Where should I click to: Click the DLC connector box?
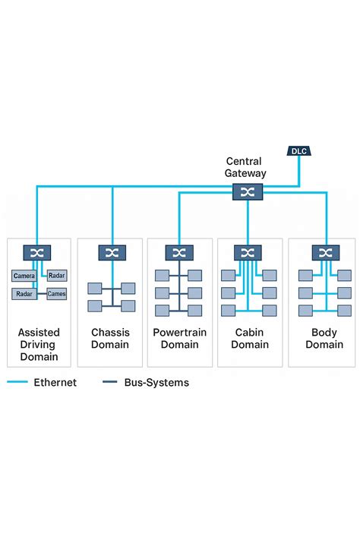[x=297, y=151]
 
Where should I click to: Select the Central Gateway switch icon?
[x=247, y=192]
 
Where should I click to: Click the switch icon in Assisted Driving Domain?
[x=36, y=253]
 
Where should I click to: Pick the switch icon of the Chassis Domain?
[x=112, y=253]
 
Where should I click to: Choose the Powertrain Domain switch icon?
[x=179, y=253]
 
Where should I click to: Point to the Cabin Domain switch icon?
[x=248, y=253]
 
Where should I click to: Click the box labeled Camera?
[x=24, y=276]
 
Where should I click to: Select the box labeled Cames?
[x=57, y=293]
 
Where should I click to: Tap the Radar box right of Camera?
[x=57, y=276]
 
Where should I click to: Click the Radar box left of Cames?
[x=24, y=293]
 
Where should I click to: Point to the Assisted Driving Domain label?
[x=39, y=344]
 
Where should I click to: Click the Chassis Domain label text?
[x=110, y=339]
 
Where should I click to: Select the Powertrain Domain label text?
[x=180, y=339]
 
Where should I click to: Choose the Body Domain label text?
[x=324, y=339]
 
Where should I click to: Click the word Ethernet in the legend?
[x=55, y=383]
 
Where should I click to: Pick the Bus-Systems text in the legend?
[x=156, y=383]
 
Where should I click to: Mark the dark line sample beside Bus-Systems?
[x=109, y=383]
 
